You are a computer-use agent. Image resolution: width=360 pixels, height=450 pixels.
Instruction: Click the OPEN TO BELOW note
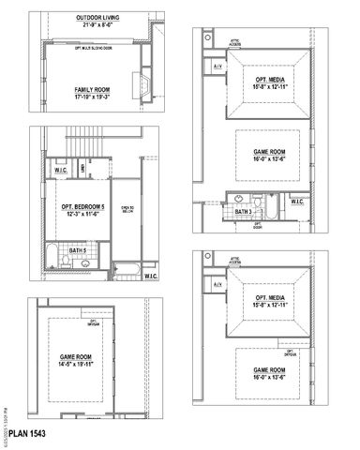click(127, 211)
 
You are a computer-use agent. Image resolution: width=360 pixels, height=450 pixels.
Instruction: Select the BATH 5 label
click(52, 251)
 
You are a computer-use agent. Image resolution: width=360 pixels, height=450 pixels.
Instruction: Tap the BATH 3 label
click(245, 212)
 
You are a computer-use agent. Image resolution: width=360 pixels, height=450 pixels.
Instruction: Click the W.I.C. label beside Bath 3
click(296, 201)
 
